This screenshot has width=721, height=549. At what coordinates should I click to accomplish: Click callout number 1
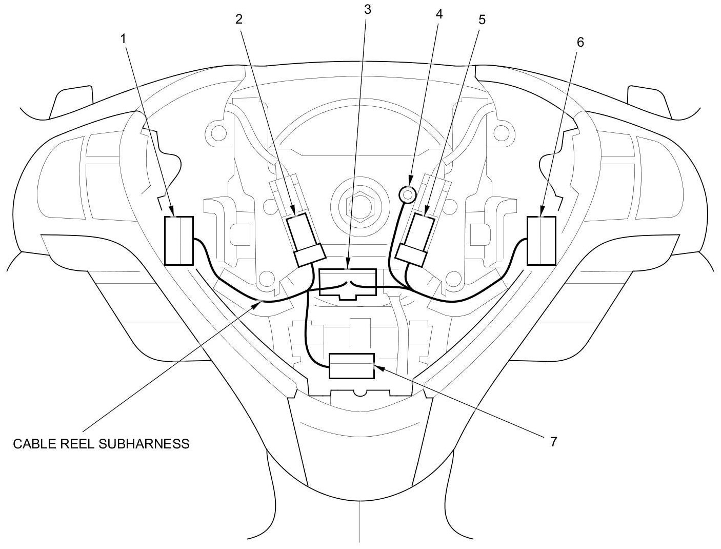click(x=123, y=37)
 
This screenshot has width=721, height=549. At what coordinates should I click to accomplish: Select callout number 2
click(x=239, y=19)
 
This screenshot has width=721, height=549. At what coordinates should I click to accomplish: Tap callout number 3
click(x=366, y=10)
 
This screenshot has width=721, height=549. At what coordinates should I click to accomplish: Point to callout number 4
click(x=438, y=14)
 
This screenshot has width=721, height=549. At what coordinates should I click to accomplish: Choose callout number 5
click(x=481, y=19)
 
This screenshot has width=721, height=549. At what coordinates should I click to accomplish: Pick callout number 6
click(x=580, y=42)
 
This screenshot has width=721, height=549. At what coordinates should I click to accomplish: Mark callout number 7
click(x=553, y=442)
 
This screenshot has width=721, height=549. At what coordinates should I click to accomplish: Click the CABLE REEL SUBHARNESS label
click(x=101, y=444)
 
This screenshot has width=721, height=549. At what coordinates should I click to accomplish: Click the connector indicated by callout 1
click(x=178, y=241)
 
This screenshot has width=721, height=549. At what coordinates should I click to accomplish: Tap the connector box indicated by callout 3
click(x=347, y=282)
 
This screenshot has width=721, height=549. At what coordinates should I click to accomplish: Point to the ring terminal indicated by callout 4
click(x=408, y=194)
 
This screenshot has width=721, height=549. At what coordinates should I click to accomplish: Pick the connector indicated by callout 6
click(x=541, y=241)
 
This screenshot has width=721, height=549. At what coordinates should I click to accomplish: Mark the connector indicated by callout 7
click(x=352, y=366)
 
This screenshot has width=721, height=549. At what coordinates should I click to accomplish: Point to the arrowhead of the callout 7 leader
click(x=377, y=366)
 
